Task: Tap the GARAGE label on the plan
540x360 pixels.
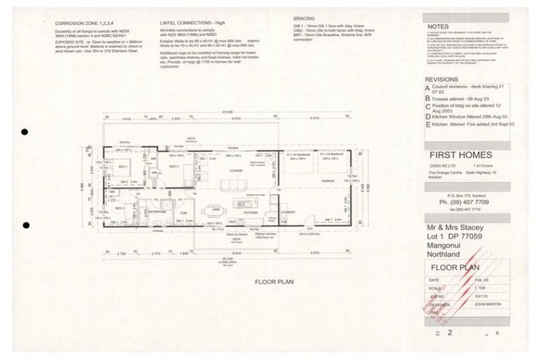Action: click(x=328, y=181)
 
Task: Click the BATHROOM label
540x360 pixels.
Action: click(x=157, y=210)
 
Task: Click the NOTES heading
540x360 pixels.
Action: click(x=438, y=27)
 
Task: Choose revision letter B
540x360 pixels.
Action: click(x=427, y=99)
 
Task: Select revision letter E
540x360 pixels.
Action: click(x=427, y=124)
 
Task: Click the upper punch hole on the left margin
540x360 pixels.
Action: click(x=25, y=131)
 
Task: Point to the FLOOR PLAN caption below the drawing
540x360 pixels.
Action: click(x=274, y=281)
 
